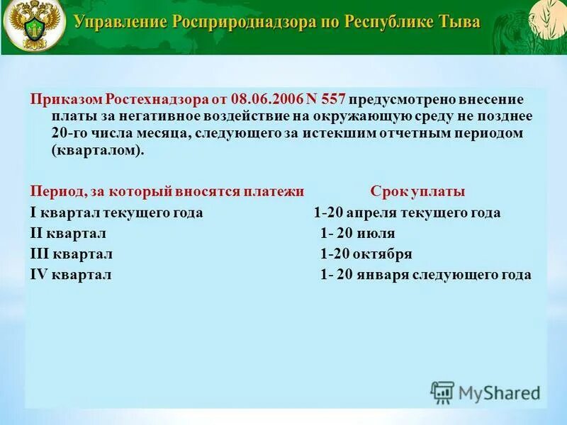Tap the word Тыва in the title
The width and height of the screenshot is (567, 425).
459,22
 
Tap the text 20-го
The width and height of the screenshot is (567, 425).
68,132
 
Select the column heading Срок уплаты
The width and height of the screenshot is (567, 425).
417,192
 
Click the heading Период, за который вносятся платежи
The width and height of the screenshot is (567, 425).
167,192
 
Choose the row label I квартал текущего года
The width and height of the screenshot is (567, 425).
116,212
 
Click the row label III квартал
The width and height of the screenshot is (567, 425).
72,254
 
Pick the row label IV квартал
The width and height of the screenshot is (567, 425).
71,275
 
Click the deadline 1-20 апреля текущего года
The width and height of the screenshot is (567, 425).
407,212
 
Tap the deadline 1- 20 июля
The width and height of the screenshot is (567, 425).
357,233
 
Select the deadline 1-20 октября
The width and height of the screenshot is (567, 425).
366,254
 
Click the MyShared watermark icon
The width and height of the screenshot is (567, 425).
442,392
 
